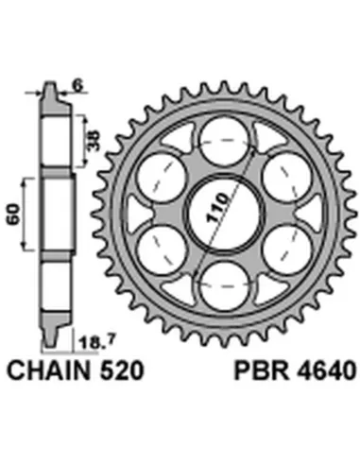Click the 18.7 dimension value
(x=94, y=342)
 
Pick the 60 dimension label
(x=13, y=215)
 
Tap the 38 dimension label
(x=94, y=140)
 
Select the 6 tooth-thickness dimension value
(x=78, y=86)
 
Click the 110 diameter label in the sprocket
(x=217, y=208)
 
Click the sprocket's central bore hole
(x=225, y=214)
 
